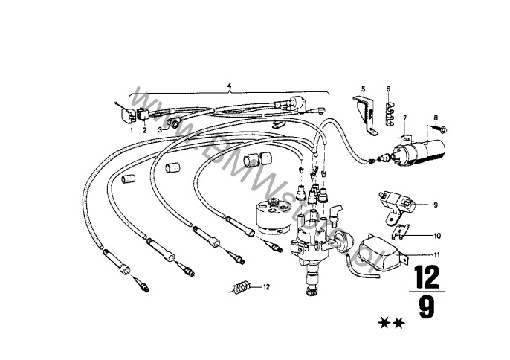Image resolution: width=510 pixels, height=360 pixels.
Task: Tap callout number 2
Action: pos(144,129)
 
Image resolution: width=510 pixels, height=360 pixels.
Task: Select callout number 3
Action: pos(159,129)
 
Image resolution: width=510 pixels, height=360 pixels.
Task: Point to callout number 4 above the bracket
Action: pos(230,86)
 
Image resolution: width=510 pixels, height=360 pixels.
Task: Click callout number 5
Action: pos(364,89)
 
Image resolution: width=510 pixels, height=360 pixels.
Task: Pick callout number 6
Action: pos(388,89)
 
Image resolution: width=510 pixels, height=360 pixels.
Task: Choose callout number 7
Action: pos(405,118)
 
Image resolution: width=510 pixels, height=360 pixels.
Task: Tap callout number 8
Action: pos(436,117)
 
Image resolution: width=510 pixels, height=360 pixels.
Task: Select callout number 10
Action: pos(436,237)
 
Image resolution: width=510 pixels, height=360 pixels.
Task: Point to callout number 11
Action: pos(436,255)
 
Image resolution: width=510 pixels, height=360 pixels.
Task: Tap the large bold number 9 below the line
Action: pos(426,308)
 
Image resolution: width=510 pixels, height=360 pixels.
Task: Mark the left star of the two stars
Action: pos(384,323)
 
